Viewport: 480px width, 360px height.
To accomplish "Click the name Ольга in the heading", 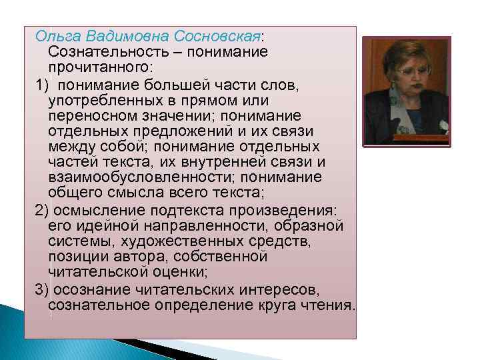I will pos(57,35).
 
